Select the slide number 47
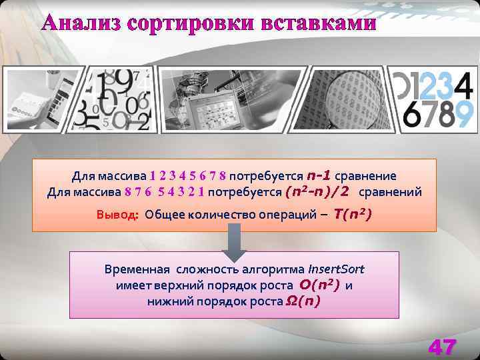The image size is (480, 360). pyautogui.click(x=443, y=347)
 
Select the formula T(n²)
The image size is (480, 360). pyautogui.click(x=353, y=214)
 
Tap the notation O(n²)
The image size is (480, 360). pyautogui.click(x=320, y=285)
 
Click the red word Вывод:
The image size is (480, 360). pyautogui.click(x=117, y=215)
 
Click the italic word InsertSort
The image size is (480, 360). pyautogui.click(x=336, y=270)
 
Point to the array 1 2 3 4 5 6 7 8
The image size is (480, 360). pyautogui.click(x=188, y=176)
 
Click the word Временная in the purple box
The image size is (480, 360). pyautogui.click(x=137, y=270)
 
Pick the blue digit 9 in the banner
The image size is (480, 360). pyautogui.click(x=465, y=114)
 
